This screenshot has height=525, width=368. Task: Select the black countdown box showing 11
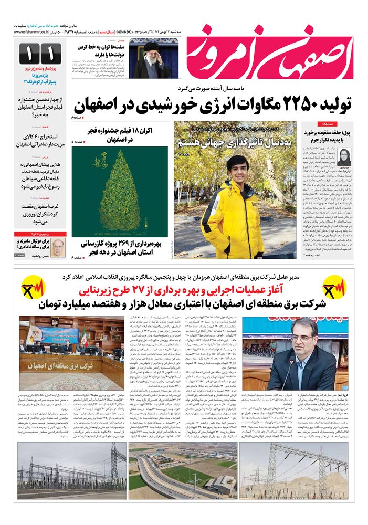pyautogui.click(x=40, y=54)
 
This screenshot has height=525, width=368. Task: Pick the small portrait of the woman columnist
pyautogui.click(x=345, y=155)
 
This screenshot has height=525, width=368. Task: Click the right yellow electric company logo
pyautogui.click(x=334, y=288)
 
